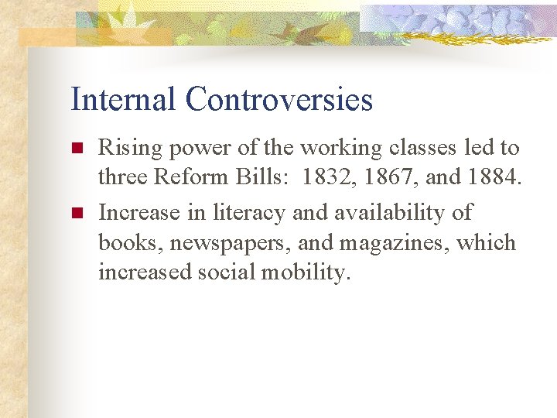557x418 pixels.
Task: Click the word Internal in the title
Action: point(124,100)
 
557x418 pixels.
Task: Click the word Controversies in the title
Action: point(279,100)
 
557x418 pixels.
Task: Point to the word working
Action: point(341,149)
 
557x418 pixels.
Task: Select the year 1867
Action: point(385,178)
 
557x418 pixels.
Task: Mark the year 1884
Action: point(493,178)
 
